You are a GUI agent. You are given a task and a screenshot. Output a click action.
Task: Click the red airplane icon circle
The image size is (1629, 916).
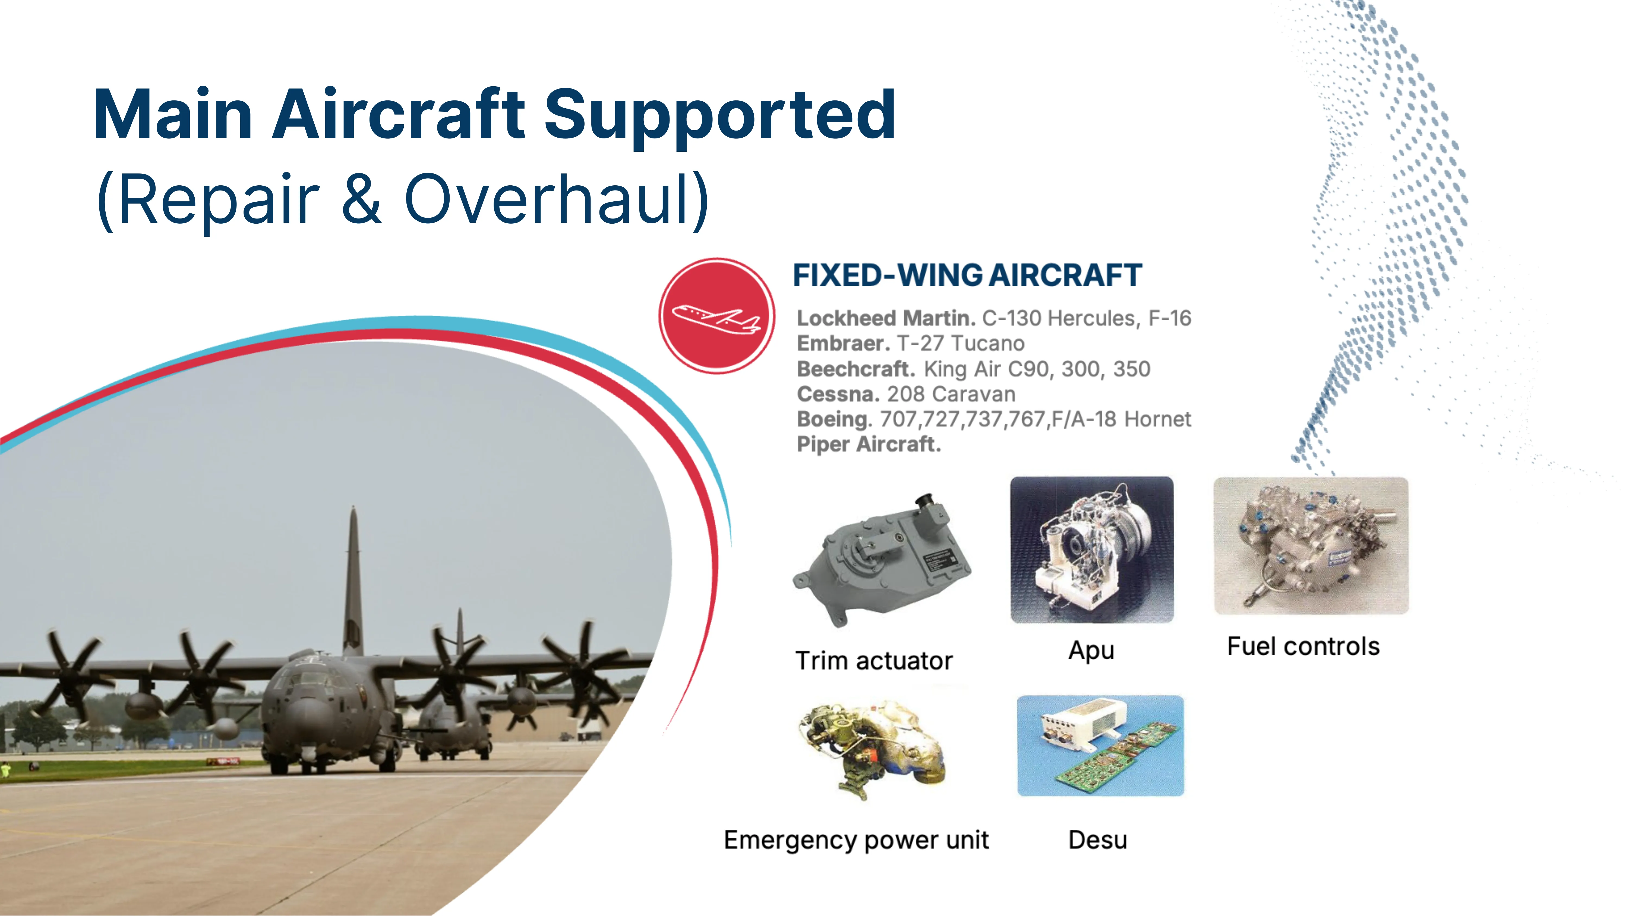pos(716,315)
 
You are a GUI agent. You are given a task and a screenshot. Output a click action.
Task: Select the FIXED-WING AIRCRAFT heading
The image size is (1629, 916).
pos(968,276)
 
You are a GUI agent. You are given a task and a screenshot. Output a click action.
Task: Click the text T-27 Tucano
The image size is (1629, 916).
pos(961,343)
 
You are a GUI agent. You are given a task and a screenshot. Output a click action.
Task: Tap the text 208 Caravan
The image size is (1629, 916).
pos(951,394)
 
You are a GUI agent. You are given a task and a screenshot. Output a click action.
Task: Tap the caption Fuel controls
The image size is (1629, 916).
pos(1303,647)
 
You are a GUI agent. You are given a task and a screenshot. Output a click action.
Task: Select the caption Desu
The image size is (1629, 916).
pos(1098,840)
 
